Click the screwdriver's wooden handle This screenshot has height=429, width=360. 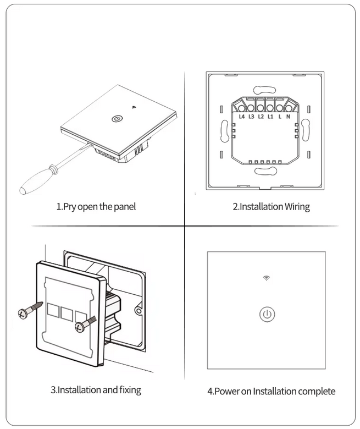(x=35, y=184)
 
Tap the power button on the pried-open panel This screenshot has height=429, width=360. (x=117, y=118)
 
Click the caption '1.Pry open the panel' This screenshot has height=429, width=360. (x=96, y=207)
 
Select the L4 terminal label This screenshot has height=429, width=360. (x=242, y=117)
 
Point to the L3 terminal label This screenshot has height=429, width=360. (x=251, y=117)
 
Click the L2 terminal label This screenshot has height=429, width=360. (x=261, y=117)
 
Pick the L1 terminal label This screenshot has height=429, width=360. (x=270, y=117)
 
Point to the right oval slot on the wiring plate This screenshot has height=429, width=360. (x=306, y=131)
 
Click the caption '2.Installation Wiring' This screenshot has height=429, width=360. (x=271, y=207)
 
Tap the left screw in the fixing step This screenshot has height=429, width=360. (x=26, y=311)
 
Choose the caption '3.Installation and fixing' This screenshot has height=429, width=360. (x=96, y=390)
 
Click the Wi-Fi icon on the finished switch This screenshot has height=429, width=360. (x=267, y=278)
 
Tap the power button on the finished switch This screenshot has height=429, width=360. (x=267, y=315)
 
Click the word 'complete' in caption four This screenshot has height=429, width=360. (x=316, y=392)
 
